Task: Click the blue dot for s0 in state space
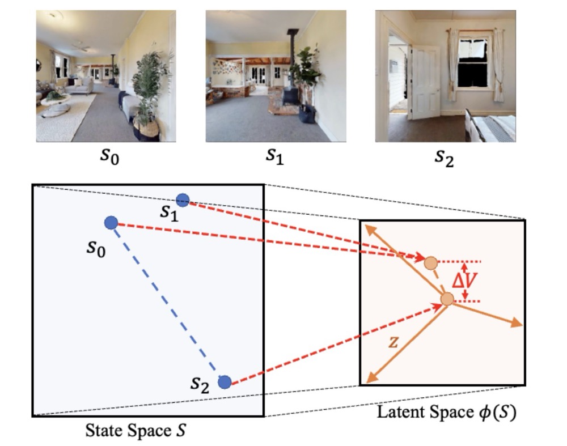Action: click(x=111, y=223)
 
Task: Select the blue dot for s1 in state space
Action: click(x=183, y=200)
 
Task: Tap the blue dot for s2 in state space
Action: click(x=225, y=382)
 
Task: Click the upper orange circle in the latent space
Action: click(x=431, y=264)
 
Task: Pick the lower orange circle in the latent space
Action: click(x=447, y=299)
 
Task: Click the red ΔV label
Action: click(x=465, y=280)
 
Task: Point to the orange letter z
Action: click(x=393, y=342)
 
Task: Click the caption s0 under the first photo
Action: click(x=109, y=156)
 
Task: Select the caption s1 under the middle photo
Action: click(x=275, y=156)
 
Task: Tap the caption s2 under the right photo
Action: click(x=444, y=158)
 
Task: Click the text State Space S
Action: click(x=136, y=431)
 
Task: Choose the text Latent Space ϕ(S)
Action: click(x=447, y=412)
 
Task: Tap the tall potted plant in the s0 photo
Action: click(x=149, y=95)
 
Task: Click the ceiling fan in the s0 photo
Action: click(x=81, y=47)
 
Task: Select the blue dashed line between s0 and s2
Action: click(x=167, y=302)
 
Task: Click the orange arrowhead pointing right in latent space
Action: click(x=517, y=324)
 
